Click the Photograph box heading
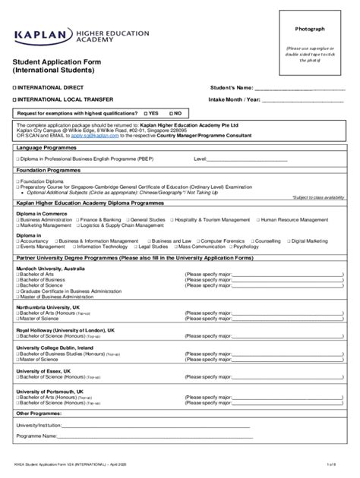click(x=310, y=29)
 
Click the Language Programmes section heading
click(x=46, y=148)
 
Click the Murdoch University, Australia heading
click(x=50, y=268)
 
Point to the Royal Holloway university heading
click(x=65, y=331)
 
